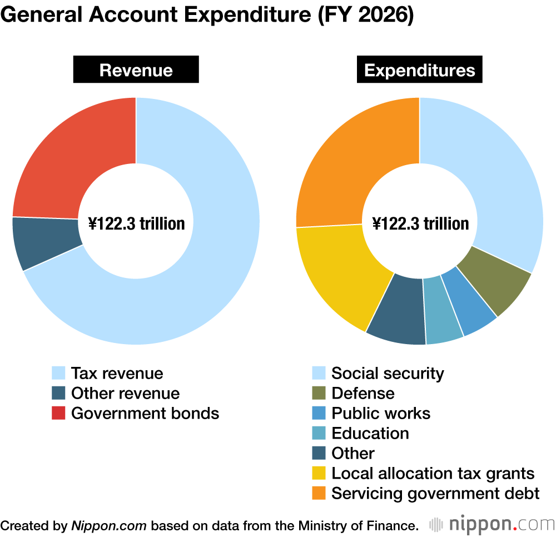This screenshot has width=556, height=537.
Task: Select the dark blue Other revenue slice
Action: tap(44, 242)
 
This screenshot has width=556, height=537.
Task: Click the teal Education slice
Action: tap(443, 311)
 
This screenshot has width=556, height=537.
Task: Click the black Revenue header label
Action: tap(136, 71)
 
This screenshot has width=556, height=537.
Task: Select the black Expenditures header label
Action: tap(420, 71)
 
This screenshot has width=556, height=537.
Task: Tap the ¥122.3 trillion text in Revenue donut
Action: tap(136, 223)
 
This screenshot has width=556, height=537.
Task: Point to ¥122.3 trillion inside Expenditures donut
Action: tap(420, 223)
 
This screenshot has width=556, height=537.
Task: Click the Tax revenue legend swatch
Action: tap(58, 373)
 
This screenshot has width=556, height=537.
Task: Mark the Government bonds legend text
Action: tap(145, 413)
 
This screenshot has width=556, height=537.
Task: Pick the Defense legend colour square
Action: tap(319, 393)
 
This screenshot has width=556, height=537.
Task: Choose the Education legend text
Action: tap(370, 433)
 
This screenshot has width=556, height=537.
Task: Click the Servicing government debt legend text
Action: tap(435, 493)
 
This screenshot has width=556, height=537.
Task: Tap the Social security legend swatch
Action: tap(319, 373)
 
